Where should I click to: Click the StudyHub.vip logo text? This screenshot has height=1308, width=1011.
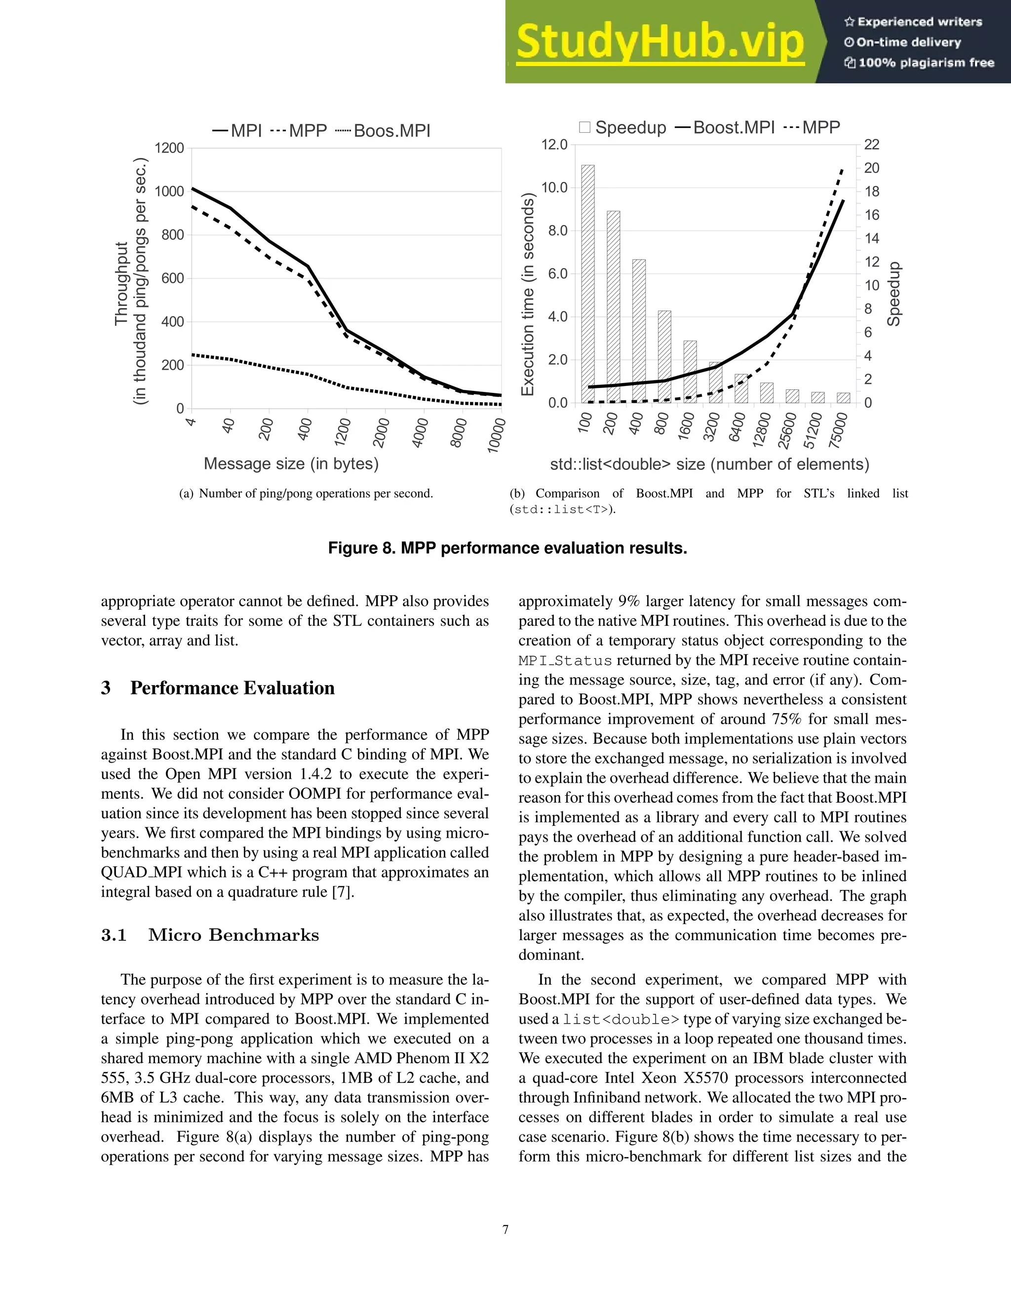tap(660, 42)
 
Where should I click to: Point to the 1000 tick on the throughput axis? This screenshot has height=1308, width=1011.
tap(169, 192)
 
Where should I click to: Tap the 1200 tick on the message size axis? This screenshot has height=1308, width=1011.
tap(343, 431)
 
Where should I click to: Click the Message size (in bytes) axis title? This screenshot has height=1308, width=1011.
tap(291, 463)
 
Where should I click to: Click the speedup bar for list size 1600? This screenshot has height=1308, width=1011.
tap(690, 371)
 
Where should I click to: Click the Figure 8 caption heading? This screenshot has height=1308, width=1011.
tap(507, 548)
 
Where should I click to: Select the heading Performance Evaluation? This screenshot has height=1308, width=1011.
tap(233, 688)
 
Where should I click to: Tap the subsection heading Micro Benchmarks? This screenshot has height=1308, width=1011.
tap(233, 935)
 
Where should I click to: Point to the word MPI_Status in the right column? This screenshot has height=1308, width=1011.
tap(565, 660)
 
